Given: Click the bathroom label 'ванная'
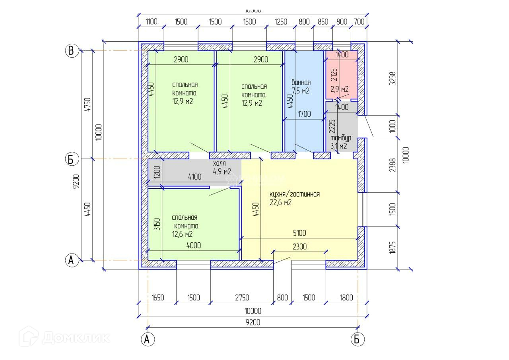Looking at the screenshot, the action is tap(301, 83).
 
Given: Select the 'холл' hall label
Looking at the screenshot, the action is tap(219, 164).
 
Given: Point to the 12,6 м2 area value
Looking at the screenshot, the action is tap(183, 234).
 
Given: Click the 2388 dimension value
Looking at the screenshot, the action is tap(393, 165).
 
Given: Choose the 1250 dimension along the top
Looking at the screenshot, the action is tap(281, 22).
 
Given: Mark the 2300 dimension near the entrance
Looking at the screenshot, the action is tap(299, 247).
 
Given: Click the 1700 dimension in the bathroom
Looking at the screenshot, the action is tap(304, 114).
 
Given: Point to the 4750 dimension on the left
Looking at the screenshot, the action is tap(88, 105).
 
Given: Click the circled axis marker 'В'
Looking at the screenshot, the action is tap(72, 51).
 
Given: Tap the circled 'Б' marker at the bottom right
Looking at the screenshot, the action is tap(357, 339).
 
